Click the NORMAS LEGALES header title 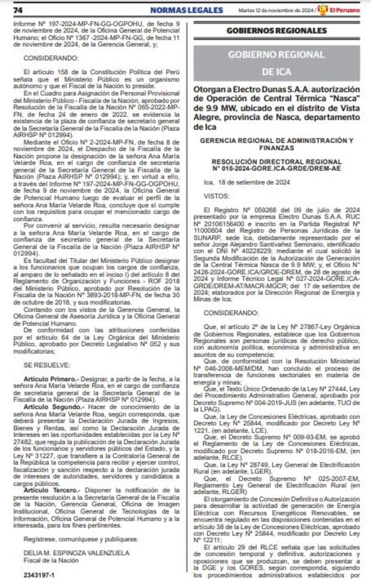pyautogui.click(x=178, y=10)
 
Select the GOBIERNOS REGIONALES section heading pyautogui.click(x=277, y=31)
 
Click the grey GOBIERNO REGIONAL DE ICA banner pyautogui.click(x=276, y=63)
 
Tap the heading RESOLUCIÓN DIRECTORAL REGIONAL pyautogui.click(x=276, y=161)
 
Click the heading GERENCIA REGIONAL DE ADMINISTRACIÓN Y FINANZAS pyautogui.click(x=276, y=143)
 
